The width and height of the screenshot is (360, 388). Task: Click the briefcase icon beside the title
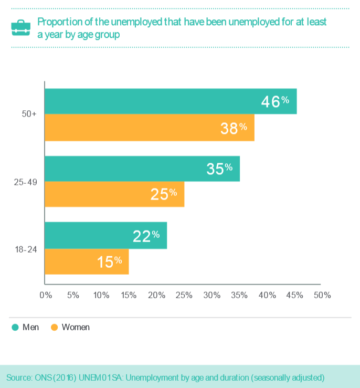(x=20, y=28)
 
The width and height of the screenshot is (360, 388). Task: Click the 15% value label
(x=109, y=261)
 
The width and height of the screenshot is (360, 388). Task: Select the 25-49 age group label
(x=25, y=182)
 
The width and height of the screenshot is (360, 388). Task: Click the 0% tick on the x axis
(x=46, y=295)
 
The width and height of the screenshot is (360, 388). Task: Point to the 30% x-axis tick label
(x=211, y=295)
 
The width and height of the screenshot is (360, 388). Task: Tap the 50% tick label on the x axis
(x=322, y=295)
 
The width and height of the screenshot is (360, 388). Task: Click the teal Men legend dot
(x=15, y=327)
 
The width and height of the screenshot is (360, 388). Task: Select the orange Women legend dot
(x=54, y=327)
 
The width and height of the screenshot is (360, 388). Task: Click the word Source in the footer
(x=19, y=377)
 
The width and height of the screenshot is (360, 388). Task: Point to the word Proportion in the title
(x=58, y=22)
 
